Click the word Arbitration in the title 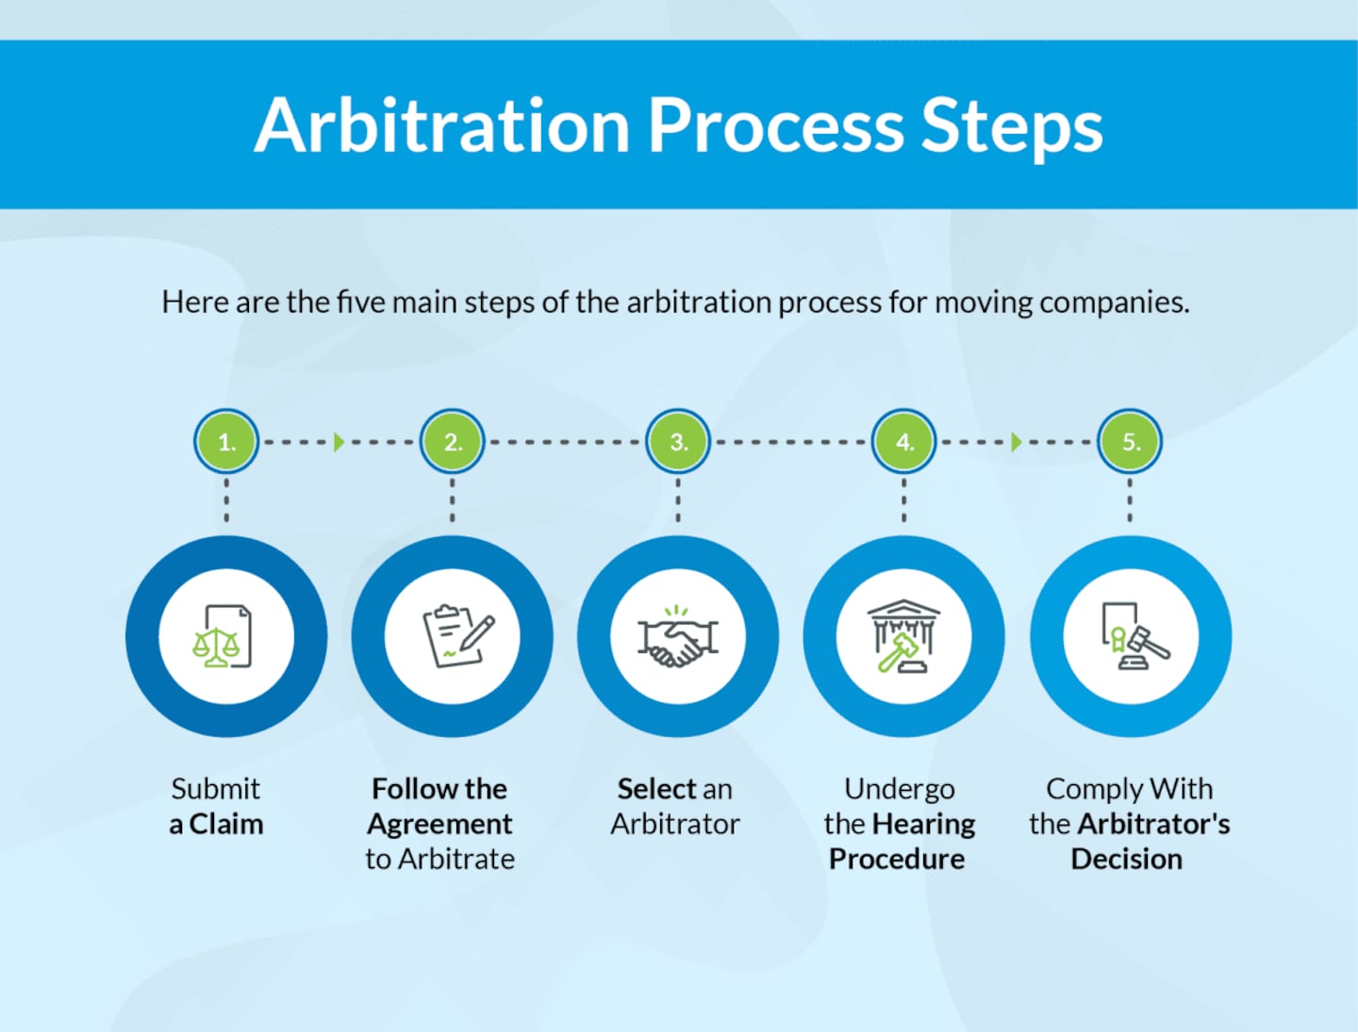[x=441, y=125]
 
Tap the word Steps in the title [x=1011, y=125]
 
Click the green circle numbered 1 [x=226, y=441]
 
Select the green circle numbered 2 [x=453, y=441]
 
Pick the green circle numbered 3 [x=678, y=441]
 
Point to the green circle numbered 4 [x=904, y=441]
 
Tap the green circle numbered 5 [x=1130, y=441]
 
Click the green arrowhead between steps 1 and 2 [x=339, y=441]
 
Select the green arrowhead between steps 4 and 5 [x=1016, y=441]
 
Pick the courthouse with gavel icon [x=903, y=637]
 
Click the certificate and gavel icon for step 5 [x=1133, y=637]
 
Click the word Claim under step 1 [x=226, y=825]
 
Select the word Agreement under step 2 [x=439, y=825]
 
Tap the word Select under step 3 [x=656, y=789]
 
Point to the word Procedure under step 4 [x=897, y=860]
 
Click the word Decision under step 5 [x=1126, y=860]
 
